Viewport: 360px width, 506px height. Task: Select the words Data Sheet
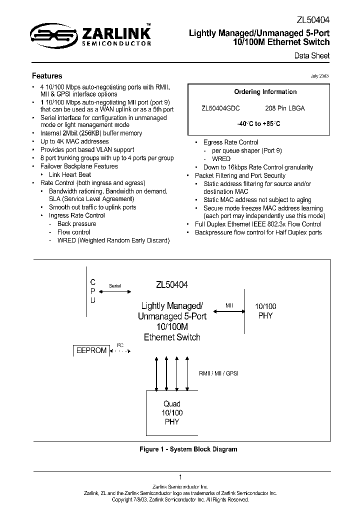click(311, 55)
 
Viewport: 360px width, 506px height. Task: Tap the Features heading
click(47, 76)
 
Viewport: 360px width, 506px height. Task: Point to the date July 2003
click(319, 75)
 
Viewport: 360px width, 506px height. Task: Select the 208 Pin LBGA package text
click(284, 108)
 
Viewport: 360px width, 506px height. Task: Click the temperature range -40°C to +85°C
click(258, 123)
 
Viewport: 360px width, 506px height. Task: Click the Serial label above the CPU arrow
click(114, 285)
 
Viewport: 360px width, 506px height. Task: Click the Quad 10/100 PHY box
click(171, 412)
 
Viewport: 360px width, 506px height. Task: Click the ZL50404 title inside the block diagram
click(171, 285)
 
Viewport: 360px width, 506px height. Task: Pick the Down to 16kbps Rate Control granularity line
click(258, 167)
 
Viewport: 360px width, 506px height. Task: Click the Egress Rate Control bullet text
click(230, 142)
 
